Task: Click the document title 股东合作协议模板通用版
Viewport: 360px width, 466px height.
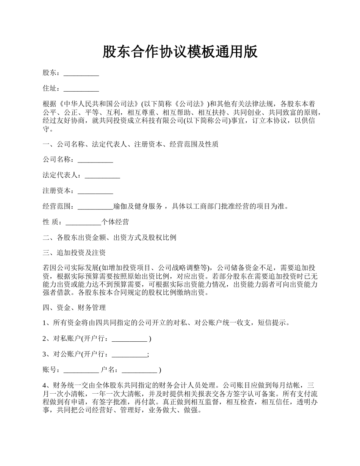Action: point(180,52)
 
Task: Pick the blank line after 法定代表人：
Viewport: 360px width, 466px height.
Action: point(102,175)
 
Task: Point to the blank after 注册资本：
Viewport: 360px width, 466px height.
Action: point(95,191)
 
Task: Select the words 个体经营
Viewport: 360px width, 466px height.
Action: point(115,222)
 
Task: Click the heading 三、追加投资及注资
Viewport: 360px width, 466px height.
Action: point(74,253)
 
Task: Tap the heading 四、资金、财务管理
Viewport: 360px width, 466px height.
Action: point(74,307)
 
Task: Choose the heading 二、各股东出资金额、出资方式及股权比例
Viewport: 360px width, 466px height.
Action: point(110,238)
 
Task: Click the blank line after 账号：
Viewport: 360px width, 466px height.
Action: point(81,370)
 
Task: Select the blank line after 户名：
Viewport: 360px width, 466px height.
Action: point(139,370)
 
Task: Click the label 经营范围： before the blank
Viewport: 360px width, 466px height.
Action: point(60,206)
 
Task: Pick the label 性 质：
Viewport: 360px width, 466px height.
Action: point(54,222)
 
